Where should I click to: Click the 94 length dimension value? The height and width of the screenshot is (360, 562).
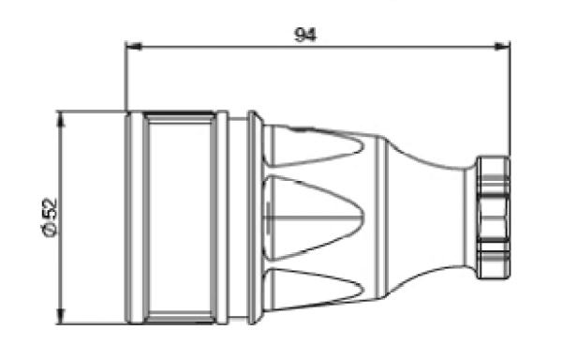click(305, 35)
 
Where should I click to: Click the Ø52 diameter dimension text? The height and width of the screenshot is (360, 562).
click(49, 217)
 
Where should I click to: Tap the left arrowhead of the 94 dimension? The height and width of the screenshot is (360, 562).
click(134, 46)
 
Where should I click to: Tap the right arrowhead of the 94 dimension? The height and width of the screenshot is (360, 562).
click(501, 46)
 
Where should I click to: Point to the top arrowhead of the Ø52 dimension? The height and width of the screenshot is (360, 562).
click(62, 119)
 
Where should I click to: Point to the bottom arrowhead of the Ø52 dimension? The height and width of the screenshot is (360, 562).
click(62, 316)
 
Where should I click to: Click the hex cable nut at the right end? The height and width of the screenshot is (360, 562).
click(494, 217)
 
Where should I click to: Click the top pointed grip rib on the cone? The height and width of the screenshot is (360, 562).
click(315, 146)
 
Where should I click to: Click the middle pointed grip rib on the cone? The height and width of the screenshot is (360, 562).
click(315, 217)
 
